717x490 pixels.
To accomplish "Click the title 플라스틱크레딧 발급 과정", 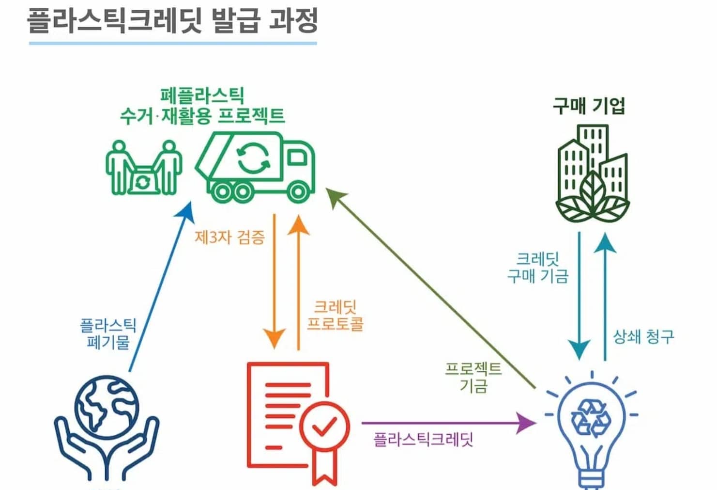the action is [172, 20].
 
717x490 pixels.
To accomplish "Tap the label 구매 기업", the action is [589, 106].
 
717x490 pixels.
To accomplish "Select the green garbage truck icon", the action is [256, 167].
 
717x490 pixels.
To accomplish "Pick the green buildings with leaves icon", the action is [593, 174].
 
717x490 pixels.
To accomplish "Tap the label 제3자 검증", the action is [230, 237].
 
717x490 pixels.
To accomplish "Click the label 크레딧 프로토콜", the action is [335, 316].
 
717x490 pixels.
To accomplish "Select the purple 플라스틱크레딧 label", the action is [424, 440].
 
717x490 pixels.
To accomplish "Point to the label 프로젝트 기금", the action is [473, 378].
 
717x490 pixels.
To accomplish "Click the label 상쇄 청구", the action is [643, 337].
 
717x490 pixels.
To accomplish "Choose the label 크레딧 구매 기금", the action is [538, 268].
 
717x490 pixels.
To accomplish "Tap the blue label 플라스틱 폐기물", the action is [108, 333].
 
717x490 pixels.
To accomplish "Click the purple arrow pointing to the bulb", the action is [449, 423].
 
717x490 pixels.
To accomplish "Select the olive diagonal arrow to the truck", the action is [431, 288].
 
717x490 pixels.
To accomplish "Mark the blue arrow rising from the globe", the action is [162, 286].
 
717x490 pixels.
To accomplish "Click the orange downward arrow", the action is [275, 282].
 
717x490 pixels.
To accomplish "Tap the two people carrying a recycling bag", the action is [144, 168].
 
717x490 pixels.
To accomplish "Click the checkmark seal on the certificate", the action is [324, 427].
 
